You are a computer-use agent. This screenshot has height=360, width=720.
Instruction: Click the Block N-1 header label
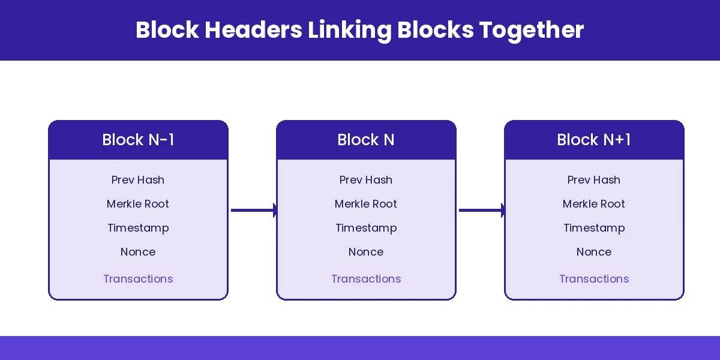pyautogui.click(x=138, y=140)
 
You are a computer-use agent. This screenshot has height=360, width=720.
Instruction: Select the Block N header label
pyautogui.click(x=366, y=140)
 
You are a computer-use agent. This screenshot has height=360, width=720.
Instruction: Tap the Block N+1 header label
pyautogui.click(x=594, y=140)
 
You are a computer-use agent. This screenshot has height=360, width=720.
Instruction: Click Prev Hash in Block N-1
pyautogui.click(x=138, y=180)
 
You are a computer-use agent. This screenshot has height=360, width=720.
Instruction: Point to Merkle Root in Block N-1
pyautogui.click(x=138, y=204)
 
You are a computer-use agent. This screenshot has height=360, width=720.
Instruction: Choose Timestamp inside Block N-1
pyautogui.click(x=138, y=228)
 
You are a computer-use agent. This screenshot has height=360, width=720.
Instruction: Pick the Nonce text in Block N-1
pyautogui.click(x=138, y=252)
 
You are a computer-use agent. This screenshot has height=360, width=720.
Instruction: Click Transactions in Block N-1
pyautogui.click(x=138, y=279)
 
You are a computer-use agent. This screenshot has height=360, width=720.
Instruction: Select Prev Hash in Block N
pyautogui.click(x=366, y=180)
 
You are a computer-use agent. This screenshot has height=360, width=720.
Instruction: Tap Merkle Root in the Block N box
pyautogui.click(x=366, y=204)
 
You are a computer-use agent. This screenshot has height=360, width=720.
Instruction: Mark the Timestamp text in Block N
pyautogui.click(x=366, y=228)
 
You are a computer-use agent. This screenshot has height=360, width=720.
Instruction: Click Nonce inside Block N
pyautogui.click(x=366, y=252)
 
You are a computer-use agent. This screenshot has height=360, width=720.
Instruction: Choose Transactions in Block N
pyautogui.click(x=366, y=279)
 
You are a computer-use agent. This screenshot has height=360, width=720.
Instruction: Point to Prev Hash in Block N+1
pyautogui.click(x=594, y=180)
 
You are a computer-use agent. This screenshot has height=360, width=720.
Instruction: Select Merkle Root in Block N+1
pyautogui.click(x=594, y=204)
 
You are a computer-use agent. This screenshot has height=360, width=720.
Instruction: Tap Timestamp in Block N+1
pyautogui.click(x=594, y=228)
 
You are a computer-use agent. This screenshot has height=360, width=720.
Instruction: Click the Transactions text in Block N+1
pyautogui.click(x=594, y=279)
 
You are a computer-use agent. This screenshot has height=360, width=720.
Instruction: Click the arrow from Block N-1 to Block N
pyautogui.click(x=253, y=210)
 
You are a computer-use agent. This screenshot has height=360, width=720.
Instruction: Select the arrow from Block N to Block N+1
pyautogui.click(x=481, y=210)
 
